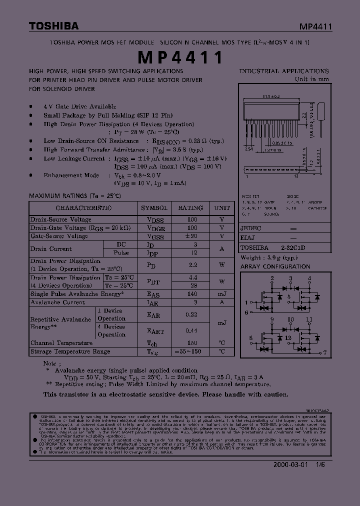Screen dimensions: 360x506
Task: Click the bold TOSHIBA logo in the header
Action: tap(53, 26)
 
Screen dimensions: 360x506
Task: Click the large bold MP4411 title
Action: tap(180, 57)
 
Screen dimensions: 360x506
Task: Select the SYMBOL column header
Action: tap(154, 208)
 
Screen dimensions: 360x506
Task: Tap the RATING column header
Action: tap(190, 208)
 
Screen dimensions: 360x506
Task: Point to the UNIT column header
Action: tap(222, 208)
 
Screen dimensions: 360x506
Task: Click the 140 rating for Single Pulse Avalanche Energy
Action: tap(192, 294)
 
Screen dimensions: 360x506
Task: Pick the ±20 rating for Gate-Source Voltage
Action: tap(192, 236)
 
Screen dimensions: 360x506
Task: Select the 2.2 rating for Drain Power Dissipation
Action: tap(192, 265)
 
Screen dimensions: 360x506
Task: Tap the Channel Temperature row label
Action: tap(61, 343)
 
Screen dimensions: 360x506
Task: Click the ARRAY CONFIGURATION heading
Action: tap(275, 266)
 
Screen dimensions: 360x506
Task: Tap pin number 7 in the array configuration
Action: tap(325, 352)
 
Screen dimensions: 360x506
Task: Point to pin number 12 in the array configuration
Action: tap(288, 338)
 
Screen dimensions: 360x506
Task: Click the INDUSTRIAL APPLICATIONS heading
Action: tap(284, 71)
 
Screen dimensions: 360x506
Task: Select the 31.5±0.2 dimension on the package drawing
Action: tap(270, 97)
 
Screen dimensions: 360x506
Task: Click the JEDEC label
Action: tap(250, 227)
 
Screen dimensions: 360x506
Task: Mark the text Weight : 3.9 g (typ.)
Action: tap(267, 257)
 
